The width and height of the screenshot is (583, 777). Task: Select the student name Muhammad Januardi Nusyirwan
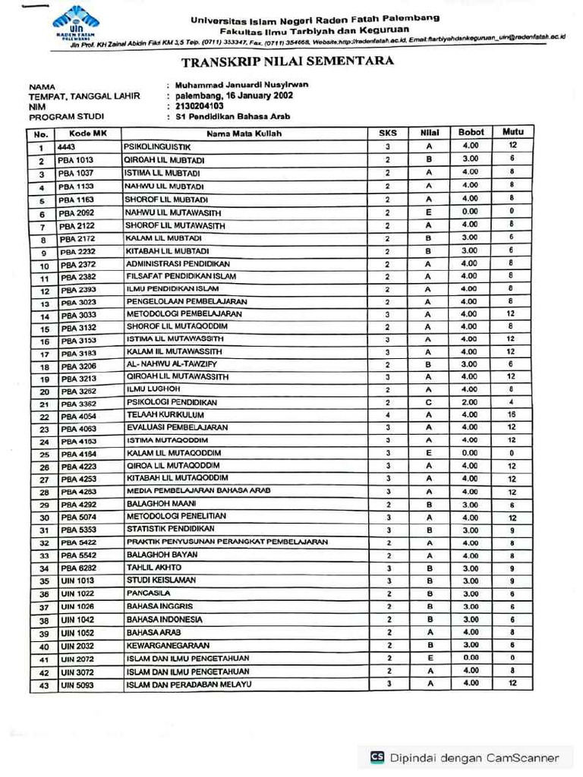pyautogui.click(x=241, y=85)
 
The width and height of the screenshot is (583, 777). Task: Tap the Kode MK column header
pyautogui.click(x=84, y=134)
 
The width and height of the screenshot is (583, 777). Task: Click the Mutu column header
pyautogui.click(x=513, y=132)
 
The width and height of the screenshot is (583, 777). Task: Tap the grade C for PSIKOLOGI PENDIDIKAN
pyautogui.click(x=429, y=402)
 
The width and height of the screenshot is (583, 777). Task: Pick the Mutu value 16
pyautogui.click(x=512, y=415)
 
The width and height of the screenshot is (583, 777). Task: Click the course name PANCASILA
pyautogui.click(x=149, y=593)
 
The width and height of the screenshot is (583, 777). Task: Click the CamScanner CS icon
pyautogui.click(x=377, y=757)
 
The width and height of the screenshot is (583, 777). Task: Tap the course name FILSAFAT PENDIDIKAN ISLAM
pyautogui.click(x=181, y=276)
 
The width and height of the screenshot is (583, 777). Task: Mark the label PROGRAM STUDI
pyautogui.click(x=66, y=117)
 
